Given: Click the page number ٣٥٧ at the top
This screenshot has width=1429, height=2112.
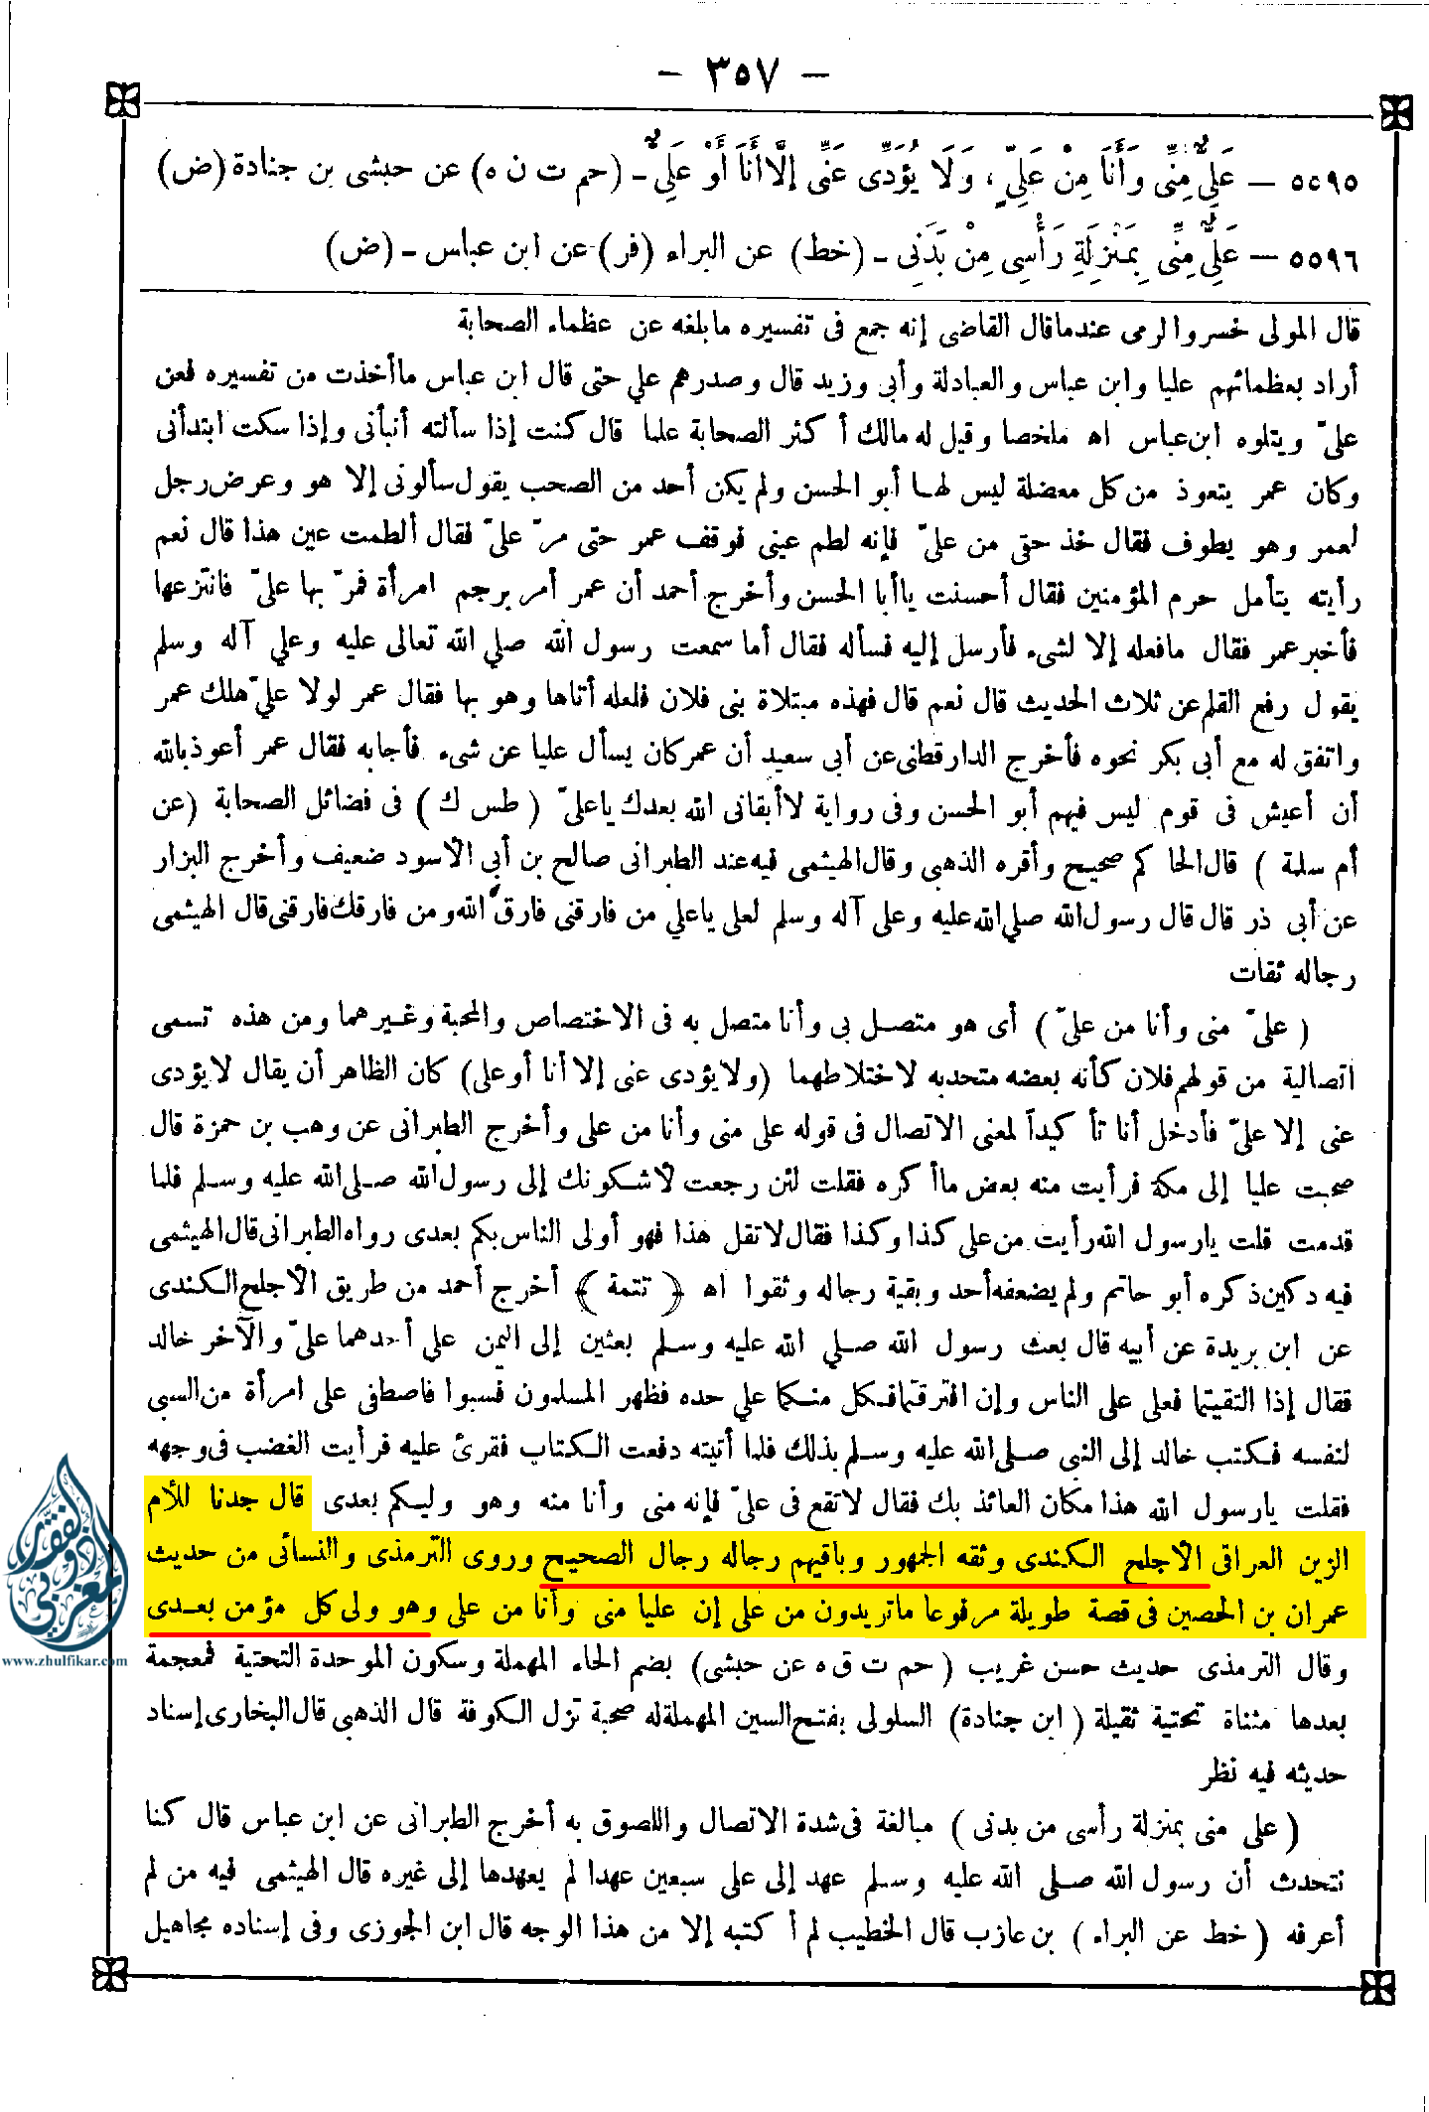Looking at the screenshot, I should [x=743, y=75].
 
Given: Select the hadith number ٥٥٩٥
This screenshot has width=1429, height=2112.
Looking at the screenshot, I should [x=1324, y=182].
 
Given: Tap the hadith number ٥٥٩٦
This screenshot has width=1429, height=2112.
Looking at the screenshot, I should [x=1323, y=260].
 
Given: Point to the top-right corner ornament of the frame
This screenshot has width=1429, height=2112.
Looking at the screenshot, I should [x=1395, y=113].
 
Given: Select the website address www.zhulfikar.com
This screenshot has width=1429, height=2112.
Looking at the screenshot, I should [x=64, y=1660].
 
